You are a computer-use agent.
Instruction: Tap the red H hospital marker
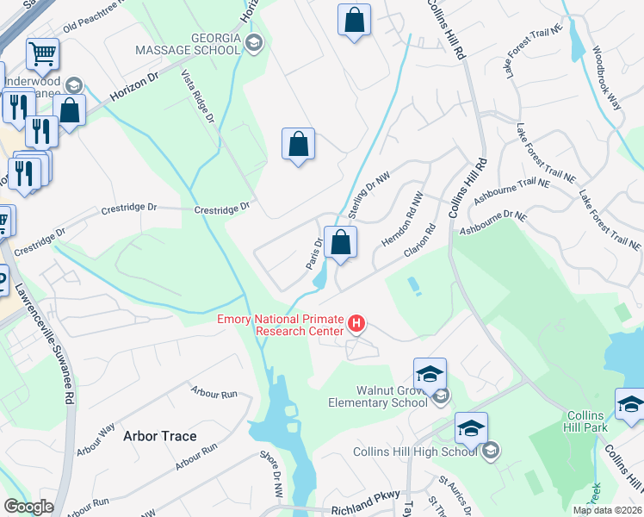click(356, 325)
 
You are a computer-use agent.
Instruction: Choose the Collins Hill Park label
click(586, 421)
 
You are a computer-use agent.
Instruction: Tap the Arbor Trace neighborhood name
click(159, 436)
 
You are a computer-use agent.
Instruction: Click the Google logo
click(28, 506)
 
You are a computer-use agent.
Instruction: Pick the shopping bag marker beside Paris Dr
click(341, 242)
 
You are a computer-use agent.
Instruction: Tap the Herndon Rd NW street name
click(402, 221)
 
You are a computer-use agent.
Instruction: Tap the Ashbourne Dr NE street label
click(492, 222)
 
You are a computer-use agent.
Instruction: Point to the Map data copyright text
click(607, 510)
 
